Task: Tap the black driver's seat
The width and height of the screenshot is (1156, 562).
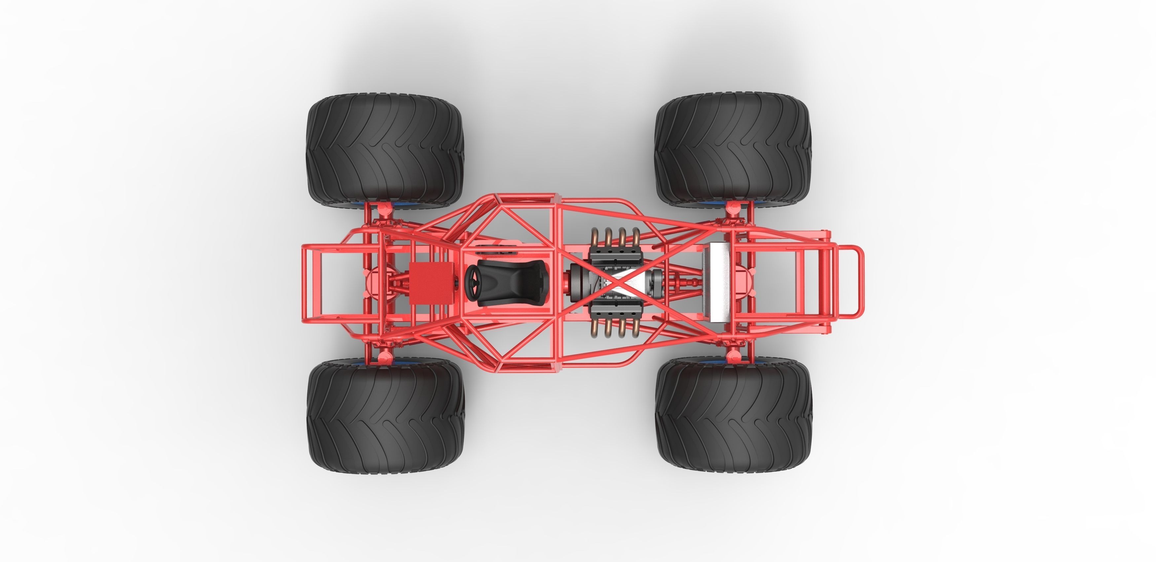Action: point(512,283)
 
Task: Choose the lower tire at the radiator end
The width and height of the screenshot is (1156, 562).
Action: point(733,415)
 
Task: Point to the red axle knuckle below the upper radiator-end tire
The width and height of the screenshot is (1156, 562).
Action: point(733,207)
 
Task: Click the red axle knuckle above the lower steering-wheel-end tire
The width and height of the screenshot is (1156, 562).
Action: point(384,357)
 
